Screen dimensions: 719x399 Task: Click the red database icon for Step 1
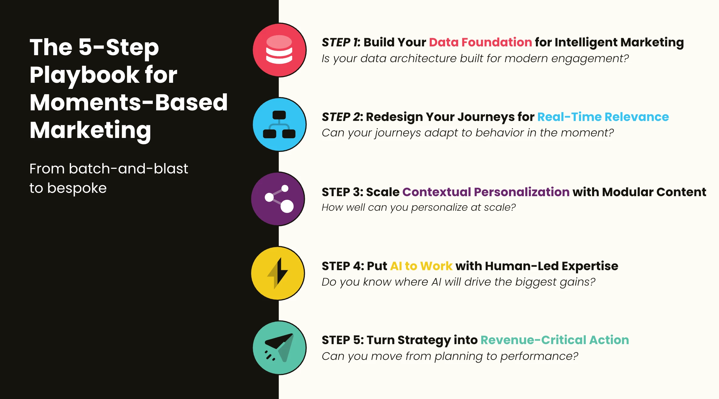279,50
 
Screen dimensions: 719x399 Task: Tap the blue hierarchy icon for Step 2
279,124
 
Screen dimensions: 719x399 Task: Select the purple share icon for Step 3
278,199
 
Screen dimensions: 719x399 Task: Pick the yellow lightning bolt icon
278,273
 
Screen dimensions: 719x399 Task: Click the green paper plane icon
279,348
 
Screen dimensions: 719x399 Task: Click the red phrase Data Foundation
480,42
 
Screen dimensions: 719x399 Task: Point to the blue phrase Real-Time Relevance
603,117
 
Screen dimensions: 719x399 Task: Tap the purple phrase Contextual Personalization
486,192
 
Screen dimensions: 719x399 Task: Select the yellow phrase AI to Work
421,266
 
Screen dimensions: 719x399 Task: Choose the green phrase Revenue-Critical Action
555,340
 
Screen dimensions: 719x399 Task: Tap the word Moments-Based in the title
129,102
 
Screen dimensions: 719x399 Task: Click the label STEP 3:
342,192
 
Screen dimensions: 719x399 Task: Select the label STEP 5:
343,340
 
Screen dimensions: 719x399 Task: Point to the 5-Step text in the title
119,48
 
